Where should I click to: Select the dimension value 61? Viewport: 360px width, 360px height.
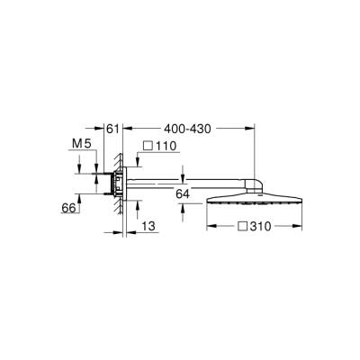click(x=112, y=130)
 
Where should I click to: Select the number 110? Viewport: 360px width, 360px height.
click(x=169, y=146)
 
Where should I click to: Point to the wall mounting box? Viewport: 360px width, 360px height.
click(x=114, y=184)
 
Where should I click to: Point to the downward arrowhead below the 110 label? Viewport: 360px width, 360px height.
click(x=137, y=163)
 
